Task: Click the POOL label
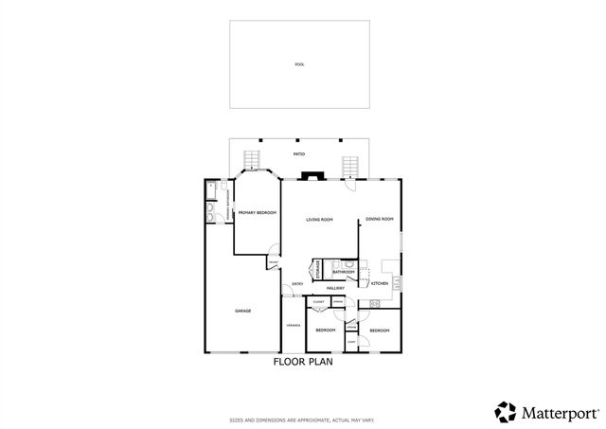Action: (299, 64)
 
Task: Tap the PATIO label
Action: (298, 152)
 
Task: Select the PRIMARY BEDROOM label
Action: (257, 213)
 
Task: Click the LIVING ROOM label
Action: (319, 220)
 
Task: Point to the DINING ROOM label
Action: (380, 220)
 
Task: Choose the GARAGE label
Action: (242, 311)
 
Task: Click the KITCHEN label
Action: (379, 284)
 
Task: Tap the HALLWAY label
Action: (335, 287)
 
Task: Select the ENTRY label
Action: (297, 284)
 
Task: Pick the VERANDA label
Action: (293, 326)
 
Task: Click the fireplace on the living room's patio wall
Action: (312, 174)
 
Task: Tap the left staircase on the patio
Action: (251, 162)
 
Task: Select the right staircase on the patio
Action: (351, 168)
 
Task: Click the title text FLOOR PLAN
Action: (302, 362)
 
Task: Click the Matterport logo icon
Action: (505, 412)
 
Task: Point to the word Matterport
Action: (559, 413)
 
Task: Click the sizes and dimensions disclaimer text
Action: (302, 420)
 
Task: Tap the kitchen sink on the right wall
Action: (398, 281)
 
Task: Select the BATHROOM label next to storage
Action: (343, 272)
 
